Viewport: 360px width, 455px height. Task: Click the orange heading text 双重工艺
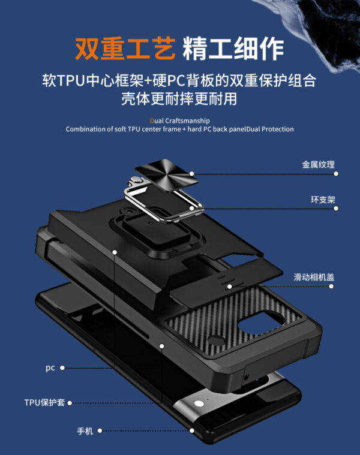[x=124, y=47]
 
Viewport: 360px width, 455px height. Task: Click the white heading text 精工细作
[x=232, y=47]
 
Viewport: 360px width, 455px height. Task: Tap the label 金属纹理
[x=318, y=164]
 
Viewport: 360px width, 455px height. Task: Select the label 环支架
[x=322, y=198]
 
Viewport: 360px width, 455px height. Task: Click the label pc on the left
[x=50, y=367]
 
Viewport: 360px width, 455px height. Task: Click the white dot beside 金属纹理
[x=336, y=173]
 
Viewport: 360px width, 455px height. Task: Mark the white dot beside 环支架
[x=336, y=208]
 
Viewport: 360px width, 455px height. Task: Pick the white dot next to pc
[x=62, y=367]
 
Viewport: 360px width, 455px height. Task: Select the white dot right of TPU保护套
[x=70, y=403]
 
